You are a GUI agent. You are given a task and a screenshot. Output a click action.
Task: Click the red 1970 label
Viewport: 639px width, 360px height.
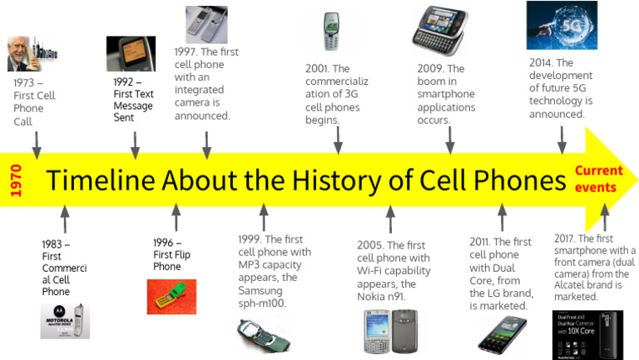coord(15,180)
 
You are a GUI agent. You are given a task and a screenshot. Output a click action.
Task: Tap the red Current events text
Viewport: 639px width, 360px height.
coord(598,179)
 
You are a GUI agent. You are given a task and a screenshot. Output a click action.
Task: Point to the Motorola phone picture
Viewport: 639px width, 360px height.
coord(65,321)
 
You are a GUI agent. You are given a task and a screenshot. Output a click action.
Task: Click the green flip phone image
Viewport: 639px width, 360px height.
coord(171,296)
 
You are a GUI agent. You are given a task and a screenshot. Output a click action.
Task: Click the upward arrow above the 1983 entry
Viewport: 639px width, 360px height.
coord(65,219)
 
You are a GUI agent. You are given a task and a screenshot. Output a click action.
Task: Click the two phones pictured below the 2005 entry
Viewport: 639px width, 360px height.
coord(389,331)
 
